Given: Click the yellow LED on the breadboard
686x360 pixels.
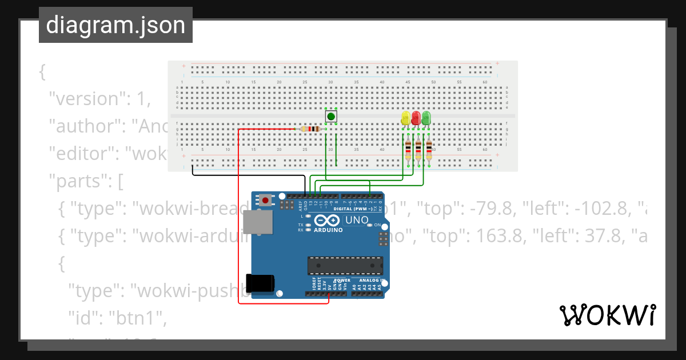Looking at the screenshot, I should pos(406,118).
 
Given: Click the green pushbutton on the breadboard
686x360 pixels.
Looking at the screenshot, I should pos(331,117).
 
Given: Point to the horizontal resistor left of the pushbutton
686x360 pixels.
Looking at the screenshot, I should pos(310,129).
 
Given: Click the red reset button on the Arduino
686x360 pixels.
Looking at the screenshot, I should pos(266,200).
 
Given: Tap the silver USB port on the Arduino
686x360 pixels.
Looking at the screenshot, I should pos(258,222).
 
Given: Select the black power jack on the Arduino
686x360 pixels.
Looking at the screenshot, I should pos(260,284).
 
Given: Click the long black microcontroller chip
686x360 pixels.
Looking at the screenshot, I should pos(345,266).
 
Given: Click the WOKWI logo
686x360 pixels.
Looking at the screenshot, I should pos(607,315).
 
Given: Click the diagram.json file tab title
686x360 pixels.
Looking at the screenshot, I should pos(115,25).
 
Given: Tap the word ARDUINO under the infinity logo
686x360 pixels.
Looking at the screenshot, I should pos(328,230).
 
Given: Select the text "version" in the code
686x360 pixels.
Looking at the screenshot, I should pos(85,99).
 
